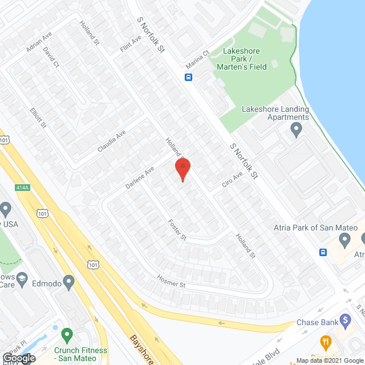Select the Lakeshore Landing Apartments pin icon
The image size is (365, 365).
296,131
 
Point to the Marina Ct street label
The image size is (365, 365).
198,59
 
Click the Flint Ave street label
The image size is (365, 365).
131,46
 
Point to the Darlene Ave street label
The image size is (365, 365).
140,178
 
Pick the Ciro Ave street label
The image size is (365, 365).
232,180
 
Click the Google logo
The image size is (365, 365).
18,358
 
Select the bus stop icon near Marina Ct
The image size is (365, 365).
188,78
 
